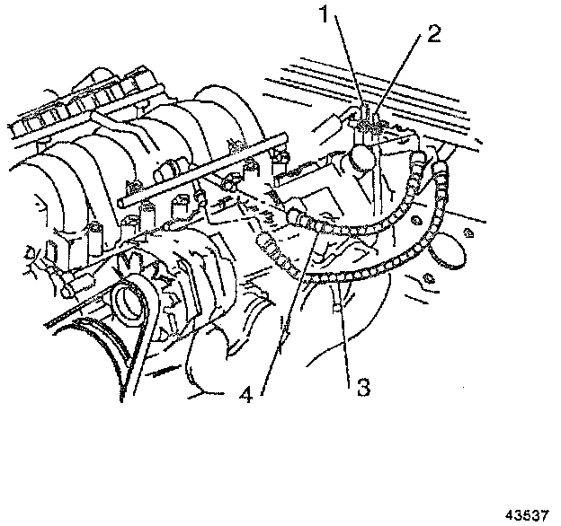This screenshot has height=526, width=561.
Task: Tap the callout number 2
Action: [435, 35]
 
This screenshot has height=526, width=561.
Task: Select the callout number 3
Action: [362, 388]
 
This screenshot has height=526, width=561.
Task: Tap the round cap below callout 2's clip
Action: [364, 159]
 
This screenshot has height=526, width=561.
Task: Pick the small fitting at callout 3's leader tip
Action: [337, 308]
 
